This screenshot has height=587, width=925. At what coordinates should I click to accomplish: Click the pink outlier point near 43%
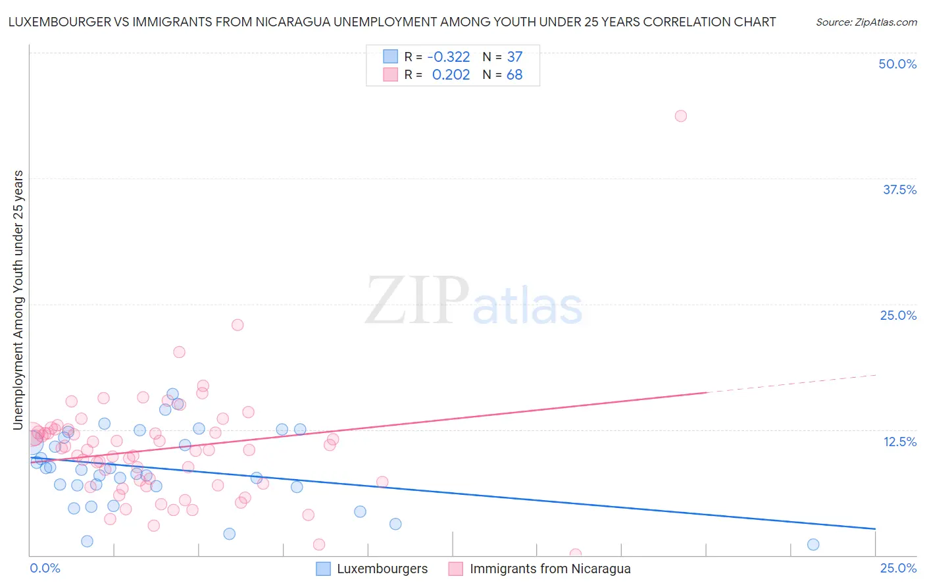pyautogui.click(x=681, y=116)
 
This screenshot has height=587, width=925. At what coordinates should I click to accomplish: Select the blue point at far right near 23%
pyautogui.click(x=813, y=544)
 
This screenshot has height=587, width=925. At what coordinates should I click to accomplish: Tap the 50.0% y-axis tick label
pyautogui.click(x=897, y=64)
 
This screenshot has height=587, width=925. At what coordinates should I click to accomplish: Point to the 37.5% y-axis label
pyautogui.click(x=899, y=190)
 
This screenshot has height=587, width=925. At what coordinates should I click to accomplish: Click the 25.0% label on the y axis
pyautogui.click(x=898, y=315)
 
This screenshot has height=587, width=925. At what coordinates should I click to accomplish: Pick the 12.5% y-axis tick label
pyautogui.click(x=899, y=442)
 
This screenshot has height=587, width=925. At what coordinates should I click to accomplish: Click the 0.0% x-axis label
pyautogui.click(x=45, y=568)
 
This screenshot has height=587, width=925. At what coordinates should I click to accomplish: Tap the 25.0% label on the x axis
pyautogui.click(x=898, y=568)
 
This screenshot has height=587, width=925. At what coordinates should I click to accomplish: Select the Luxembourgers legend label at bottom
pyautogui.click(x=382, y=569)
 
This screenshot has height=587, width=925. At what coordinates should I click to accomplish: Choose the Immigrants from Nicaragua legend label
pyautogui.click(x=550, y=569)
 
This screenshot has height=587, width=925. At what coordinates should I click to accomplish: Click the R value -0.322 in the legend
pyautogui.click(x=449, y=57)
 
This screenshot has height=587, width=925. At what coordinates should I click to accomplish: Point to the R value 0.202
pyautogui.click(x=451, y=75)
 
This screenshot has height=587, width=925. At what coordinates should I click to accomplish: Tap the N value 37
pyautogui.click(x=514, y=57)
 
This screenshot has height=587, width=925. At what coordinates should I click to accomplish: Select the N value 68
pyautogui.click(x=514, y=75)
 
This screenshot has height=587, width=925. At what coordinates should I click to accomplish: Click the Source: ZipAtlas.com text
pyautogui.click(x=866, y=22)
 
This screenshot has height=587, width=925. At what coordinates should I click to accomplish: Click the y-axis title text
pyautogui.click(x=18, y=300)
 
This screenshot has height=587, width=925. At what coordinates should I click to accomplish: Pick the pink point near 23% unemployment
pyautogui.click(x=238, y=325)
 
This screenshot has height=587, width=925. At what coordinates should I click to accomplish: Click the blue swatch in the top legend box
pyautogui.click(x=391, y=57)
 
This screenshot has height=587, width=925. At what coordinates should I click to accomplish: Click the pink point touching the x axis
pyautogui.click(x=576, y=554)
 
